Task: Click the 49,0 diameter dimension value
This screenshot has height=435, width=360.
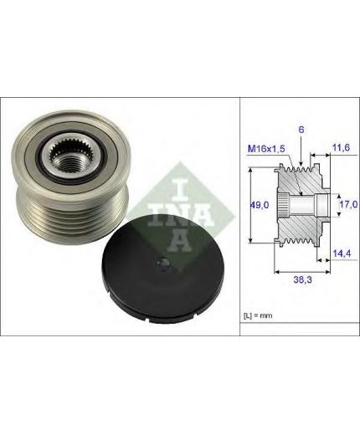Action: (259, 205)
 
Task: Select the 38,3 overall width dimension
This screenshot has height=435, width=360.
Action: (302, 279)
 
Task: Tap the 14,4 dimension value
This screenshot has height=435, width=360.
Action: (342, 253)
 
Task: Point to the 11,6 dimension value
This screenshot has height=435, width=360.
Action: (341, 147)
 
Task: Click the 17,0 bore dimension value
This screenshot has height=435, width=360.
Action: (348, 204)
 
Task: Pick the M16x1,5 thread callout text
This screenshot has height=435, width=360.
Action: (266, 149)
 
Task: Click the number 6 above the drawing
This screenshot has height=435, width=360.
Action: (301, 130)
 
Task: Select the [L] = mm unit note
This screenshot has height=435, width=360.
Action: (258, 316)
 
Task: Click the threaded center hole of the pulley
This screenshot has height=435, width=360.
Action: (69, 164)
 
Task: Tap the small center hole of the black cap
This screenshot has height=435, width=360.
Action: (163, 263)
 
